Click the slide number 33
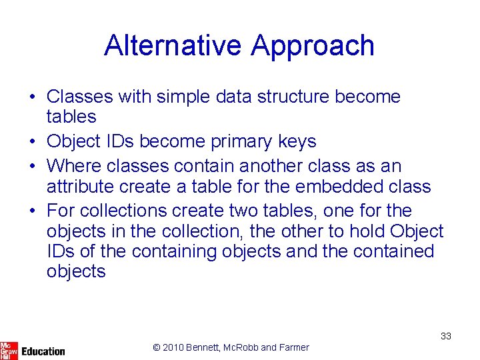coord(445,337)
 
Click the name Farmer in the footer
coord(294,347)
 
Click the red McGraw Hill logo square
coord(9,350)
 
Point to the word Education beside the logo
coord(43,351)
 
